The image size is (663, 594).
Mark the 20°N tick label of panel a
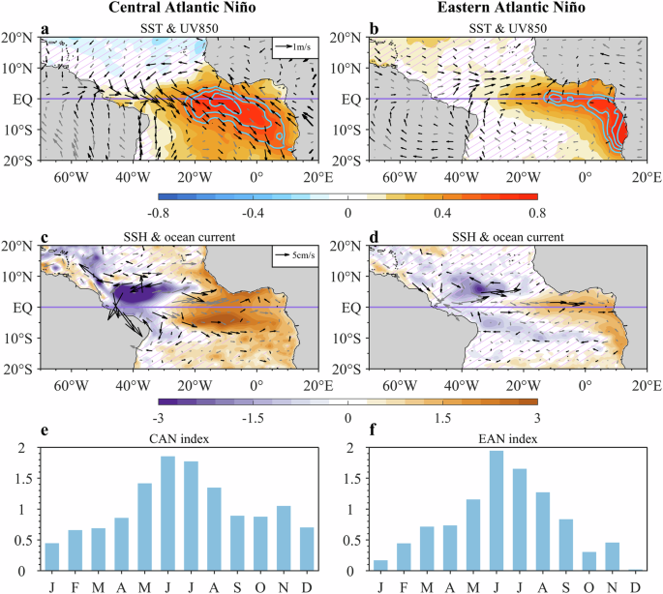click(19, 39)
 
